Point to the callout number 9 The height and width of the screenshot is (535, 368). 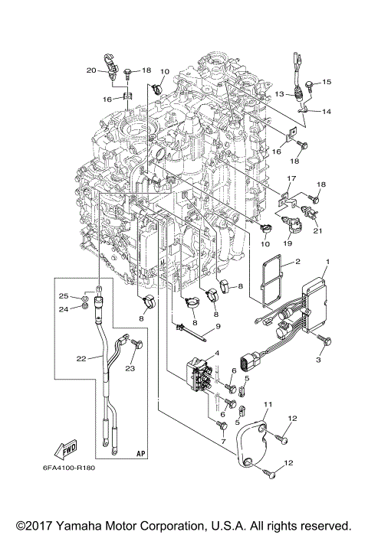tap(217, 327)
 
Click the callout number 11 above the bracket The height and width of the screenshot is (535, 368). tap(268, 403)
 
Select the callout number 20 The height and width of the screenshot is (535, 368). tap(90, 70)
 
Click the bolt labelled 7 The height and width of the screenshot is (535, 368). tap(222, 423)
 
